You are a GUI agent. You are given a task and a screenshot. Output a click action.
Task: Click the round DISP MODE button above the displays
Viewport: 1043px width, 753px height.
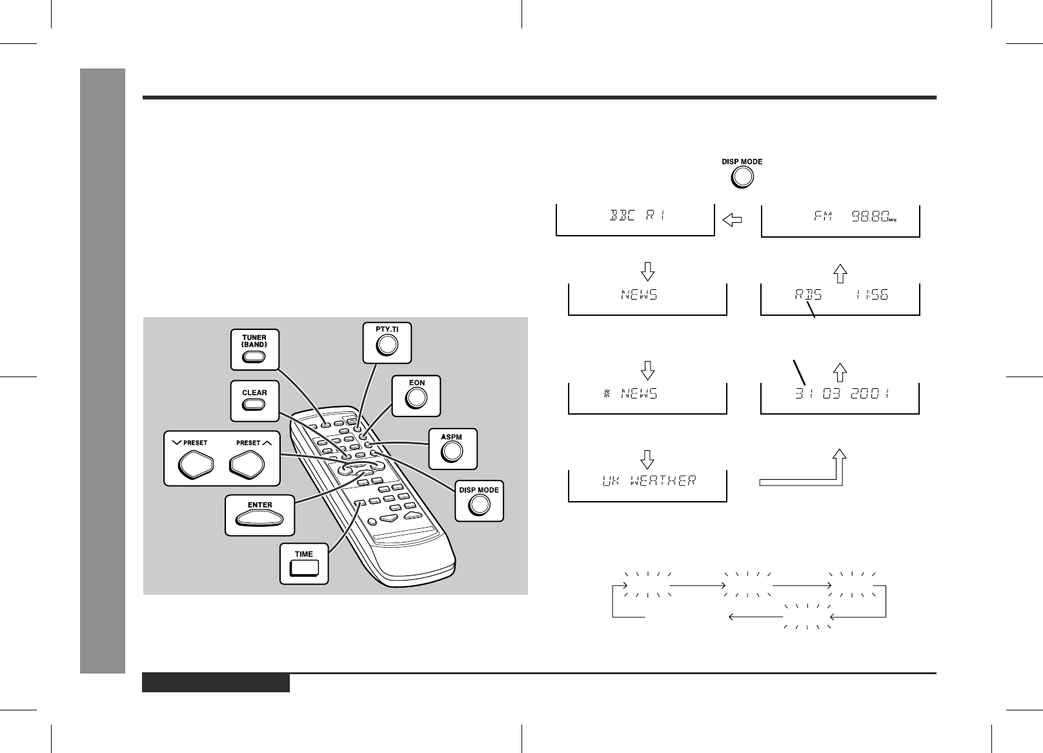pos(742,177)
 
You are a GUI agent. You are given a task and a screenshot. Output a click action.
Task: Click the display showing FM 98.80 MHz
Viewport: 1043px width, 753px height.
pos(840,219)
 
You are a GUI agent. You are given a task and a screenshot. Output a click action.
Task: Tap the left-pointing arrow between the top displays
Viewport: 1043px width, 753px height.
pos(732,221)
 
